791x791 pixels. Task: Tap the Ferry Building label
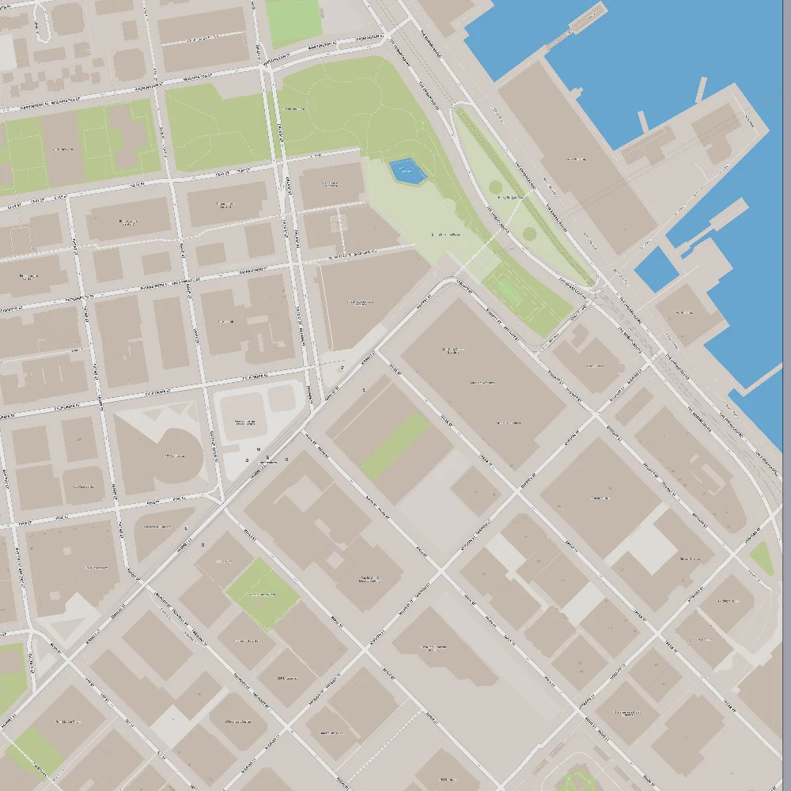click(575, 159)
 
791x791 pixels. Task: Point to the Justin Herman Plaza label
click(445, 235)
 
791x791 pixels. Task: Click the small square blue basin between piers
click(656, 268)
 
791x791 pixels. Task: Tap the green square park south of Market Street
click(262, 593)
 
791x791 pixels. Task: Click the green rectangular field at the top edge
click(294, 21)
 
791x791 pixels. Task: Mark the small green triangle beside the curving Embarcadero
click(761, 558)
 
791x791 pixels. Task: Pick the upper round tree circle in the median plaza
click(496, 187)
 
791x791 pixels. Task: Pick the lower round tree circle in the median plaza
click(530, 234)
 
